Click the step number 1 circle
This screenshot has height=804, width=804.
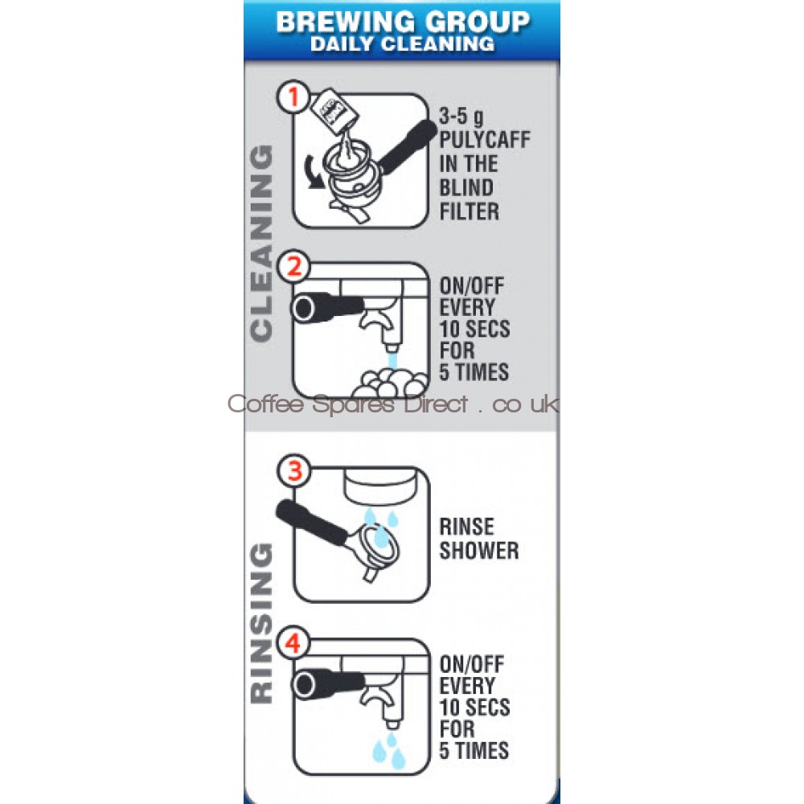[293, 96]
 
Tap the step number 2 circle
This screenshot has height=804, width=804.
[293, 266]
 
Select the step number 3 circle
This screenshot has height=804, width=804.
[294, 470]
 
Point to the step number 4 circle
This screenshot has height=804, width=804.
[293, 642]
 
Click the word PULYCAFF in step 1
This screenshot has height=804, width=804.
[485, 139]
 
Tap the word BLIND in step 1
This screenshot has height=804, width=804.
[466, 187]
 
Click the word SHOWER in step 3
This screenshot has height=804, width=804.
[479, 550]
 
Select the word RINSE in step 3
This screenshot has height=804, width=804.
[466, 527]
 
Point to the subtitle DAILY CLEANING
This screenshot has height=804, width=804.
[403, 43]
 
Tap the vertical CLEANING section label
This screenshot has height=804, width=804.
[261, 242]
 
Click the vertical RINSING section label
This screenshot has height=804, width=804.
[261, 622]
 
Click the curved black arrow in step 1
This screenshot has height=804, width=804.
[314, 174]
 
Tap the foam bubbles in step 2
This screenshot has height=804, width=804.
[393, 382]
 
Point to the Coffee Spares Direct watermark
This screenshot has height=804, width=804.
[393, 404]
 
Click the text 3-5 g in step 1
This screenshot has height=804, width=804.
[461, 117]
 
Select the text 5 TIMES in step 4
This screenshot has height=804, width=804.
[474, 750]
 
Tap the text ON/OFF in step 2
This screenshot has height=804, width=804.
[472, 285]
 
